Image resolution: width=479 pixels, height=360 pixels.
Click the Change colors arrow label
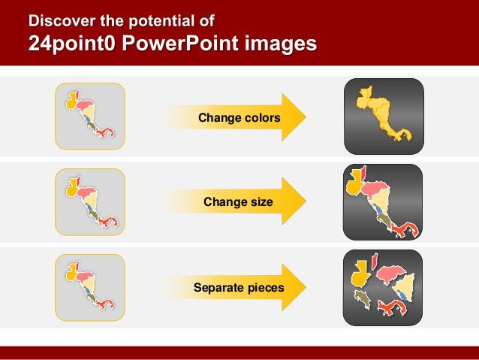239,118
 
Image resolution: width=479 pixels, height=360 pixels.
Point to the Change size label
238,203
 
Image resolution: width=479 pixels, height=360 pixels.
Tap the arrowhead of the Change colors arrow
294,118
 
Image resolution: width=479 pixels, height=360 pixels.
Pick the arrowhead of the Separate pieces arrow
294,287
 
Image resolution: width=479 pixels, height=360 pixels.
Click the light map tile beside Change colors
90,117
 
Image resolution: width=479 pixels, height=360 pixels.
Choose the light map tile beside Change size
90,202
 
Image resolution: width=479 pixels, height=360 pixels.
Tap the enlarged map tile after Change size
383,202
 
